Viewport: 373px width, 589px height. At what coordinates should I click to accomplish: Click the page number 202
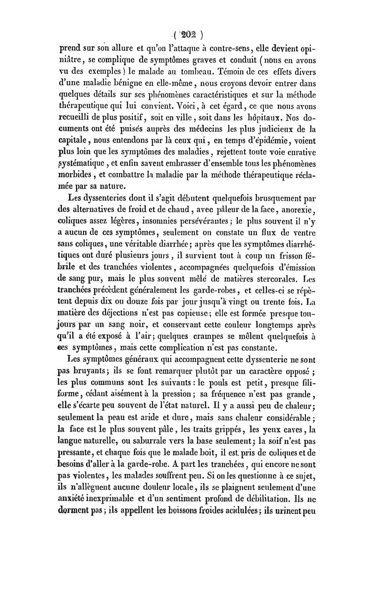(187, 34)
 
